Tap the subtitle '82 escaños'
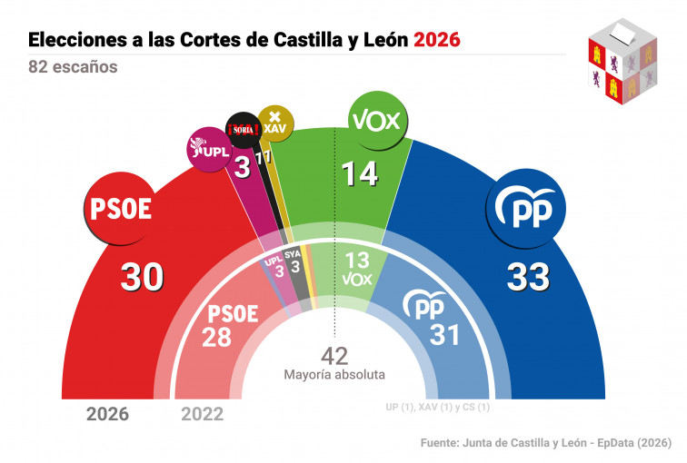point(73,67)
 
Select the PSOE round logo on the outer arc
point(118,209)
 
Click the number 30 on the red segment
point(142,279)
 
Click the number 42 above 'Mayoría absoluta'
point(334,355)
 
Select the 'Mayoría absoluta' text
point(334,374)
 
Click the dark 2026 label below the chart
point(107,415)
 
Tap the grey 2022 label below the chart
point(202,415)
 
